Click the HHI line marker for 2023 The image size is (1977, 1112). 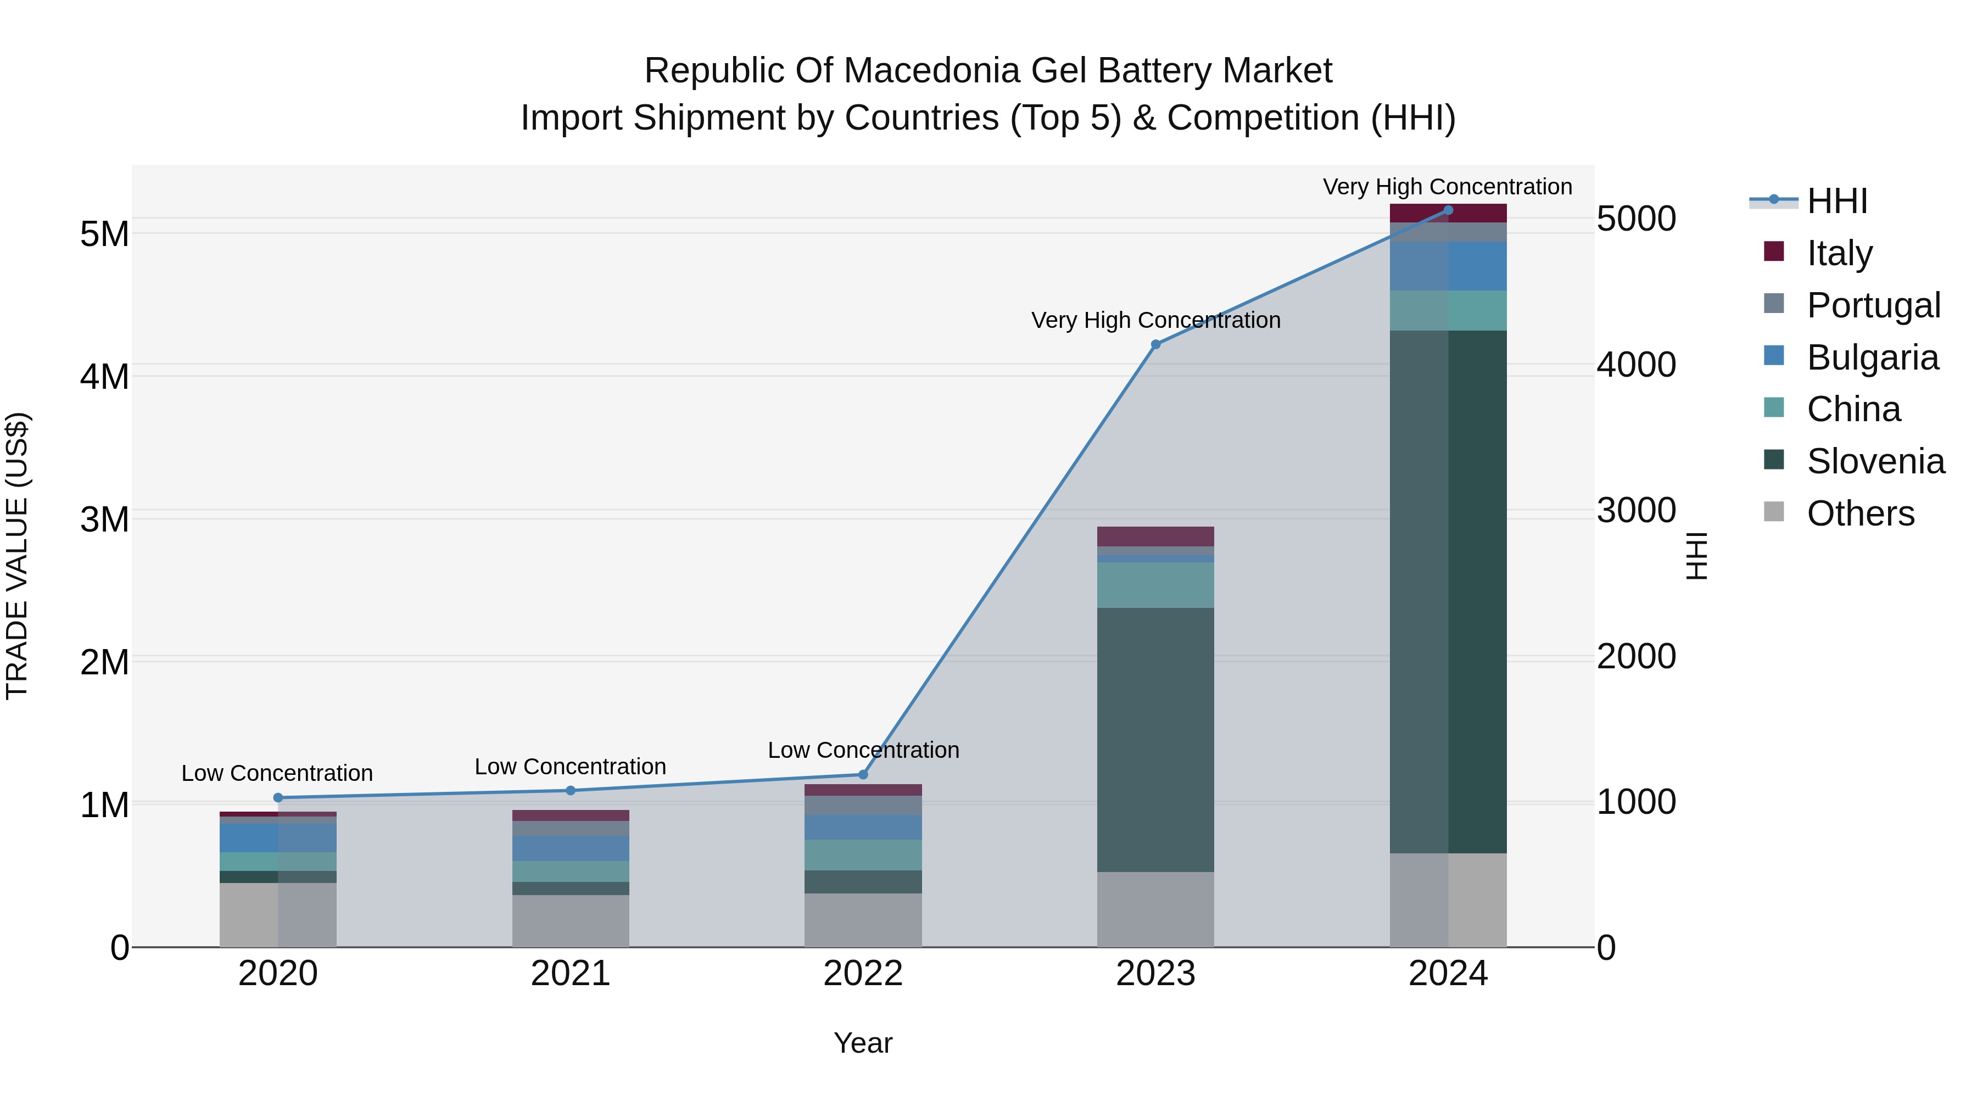click(x=1156, y=344)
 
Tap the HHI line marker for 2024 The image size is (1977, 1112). click(x=1448, y=210)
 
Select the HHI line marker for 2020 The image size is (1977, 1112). click(x=278, y=798)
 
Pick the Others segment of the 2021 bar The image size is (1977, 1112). click(x=570, y=921)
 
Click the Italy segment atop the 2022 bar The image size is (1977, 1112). click(x=863, y=790)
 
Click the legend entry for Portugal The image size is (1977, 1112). click(x=1873, y=305)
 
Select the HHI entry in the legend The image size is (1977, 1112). click(x=1836, y=201)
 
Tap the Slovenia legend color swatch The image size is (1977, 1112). click(x=1774, y=460)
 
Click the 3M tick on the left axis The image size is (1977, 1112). click(x=104, y=519)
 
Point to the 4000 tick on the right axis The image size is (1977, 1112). click(x=1637, y=365)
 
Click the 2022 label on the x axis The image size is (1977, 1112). click(x=863, y=974)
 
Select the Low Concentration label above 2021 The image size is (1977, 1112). click(x=570, y=767)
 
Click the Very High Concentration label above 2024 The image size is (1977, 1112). click(x=1448, y=187)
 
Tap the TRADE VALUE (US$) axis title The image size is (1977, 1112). click(x=17, y=556)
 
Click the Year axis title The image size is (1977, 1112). click(x=863, y=1043)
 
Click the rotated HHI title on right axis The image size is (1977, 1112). click(x=1697, y=556)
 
